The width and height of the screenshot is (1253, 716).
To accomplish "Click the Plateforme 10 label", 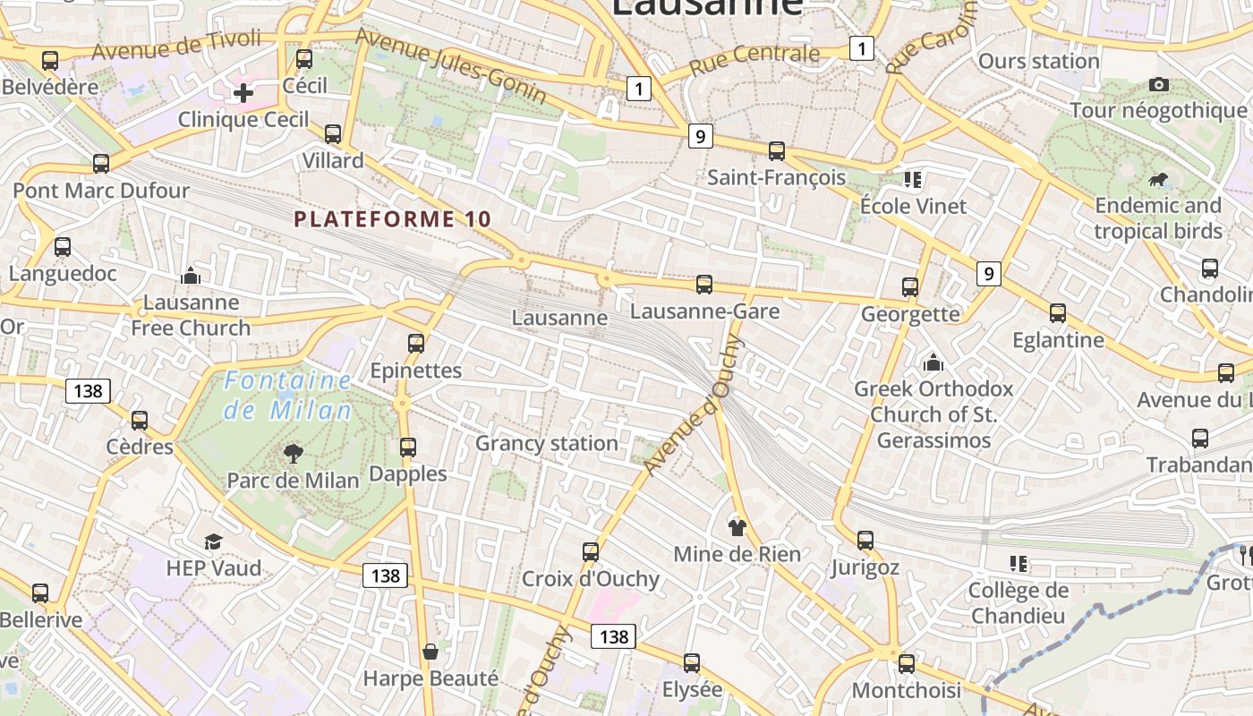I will [393, 218].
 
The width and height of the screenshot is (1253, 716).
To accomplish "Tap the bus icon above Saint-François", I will [777, 151].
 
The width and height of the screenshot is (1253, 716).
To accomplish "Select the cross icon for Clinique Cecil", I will [243, 92].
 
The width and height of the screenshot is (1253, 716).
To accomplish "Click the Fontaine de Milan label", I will [287, 395].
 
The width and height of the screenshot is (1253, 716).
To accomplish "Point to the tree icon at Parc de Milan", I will [293, 454].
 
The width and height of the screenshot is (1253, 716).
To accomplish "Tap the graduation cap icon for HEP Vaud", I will [213, 541].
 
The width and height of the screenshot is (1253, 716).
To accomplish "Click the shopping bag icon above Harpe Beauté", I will [430, 651].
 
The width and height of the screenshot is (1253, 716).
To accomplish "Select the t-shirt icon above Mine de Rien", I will [737, 527].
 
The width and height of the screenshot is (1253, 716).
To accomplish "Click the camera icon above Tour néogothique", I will [1159, 84].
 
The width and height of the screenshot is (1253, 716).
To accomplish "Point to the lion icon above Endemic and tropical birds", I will [1158, 180].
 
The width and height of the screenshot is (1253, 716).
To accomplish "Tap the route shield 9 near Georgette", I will [988, 274].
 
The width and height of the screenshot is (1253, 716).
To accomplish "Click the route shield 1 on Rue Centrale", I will [861, 48].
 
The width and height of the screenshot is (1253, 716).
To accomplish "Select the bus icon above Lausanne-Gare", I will [704, 285].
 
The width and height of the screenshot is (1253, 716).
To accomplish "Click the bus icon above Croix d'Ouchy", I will [591, 551].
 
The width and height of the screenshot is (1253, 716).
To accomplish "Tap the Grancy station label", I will [547, 443].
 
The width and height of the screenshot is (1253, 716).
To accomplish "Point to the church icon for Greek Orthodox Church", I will [933, 362].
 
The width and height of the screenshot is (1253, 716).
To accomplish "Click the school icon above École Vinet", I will [913, 180].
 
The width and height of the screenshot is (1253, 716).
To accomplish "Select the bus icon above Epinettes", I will [415, 344].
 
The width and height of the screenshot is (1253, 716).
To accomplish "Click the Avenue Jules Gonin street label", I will [451, 65].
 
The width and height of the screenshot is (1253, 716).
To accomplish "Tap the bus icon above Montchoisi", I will [907, 663].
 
